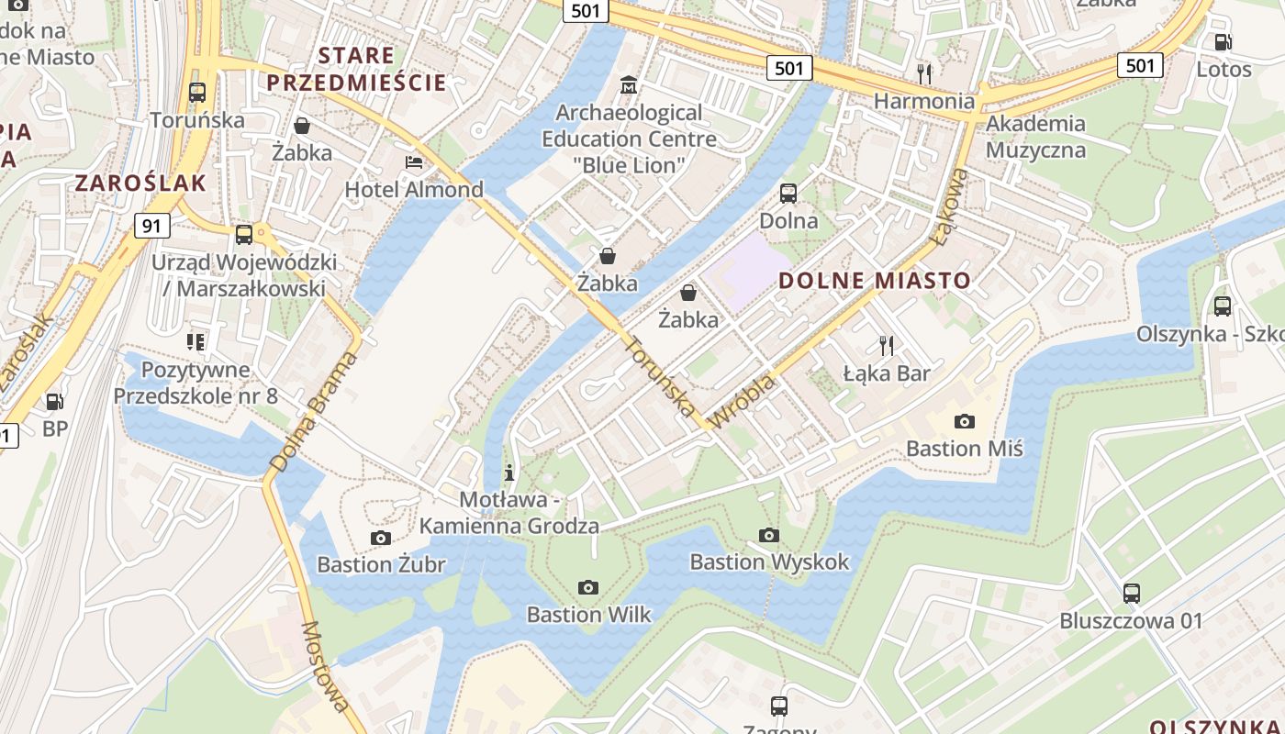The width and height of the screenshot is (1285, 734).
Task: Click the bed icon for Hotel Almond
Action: coord(414,162)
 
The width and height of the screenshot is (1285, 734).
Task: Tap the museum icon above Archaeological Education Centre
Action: coord(629,85)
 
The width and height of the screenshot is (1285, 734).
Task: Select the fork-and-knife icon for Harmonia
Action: coord(924,73)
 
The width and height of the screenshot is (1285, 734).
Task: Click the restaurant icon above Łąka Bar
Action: coord(886,346)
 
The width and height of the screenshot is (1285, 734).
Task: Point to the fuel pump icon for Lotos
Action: coord(1223,42)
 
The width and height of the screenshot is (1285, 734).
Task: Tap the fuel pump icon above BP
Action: coord(55,401)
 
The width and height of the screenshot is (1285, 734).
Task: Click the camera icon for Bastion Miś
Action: coord(964,421)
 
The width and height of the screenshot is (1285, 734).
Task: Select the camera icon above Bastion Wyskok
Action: coord(769,535)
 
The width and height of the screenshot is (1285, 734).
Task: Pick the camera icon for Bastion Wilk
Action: coord(588,587)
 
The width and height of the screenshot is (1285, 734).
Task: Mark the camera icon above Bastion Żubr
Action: coord(380,538)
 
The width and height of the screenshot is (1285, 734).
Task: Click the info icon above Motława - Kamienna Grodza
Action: coord(509,473)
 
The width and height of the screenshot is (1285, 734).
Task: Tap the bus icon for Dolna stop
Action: coord(788,194)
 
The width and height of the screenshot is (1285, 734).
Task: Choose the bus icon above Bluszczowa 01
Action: coord(1131,594)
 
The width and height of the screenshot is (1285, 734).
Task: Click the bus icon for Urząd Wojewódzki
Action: coord(243,235)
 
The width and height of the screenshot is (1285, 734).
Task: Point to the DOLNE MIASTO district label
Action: coord(875,281)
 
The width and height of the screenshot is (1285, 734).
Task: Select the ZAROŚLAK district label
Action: coord(140,183)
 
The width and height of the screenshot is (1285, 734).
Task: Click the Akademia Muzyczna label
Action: coord(1035,137)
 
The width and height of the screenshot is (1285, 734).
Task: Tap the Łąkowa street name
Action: coord(949,207)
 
